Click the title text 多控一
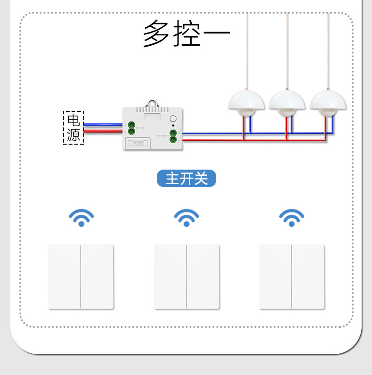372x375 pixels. pos(186,34)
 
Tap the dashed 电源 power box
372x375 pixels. pos(73,128)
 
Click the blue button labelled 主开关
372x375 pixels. pos(186,179)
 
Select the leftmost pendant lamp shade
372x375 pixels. pos(246,100)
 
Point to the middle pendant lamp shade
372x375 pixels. pos(287,100)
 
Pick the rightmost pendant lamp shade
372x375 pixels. pos(328,100)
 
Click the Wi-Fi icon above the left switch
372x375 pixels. pos(81,218)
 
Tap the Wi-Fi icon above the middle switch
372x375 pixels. pos(186,218)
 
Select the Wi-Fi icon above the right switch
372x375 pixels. pos(291,218)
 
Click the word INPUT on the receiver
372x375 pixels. pos(140,128)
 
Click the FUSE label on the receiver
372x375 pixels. pos(137,143)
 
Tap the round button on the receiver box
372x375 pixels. pos(173,119)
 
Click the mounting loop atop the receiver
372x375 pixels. pos(152,103)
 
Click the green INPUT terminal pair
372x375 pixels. pos(130,129)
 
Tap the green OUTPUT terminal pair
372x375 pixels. pos(173,136)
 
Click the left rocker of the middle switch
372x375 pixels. pos(170,277)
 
